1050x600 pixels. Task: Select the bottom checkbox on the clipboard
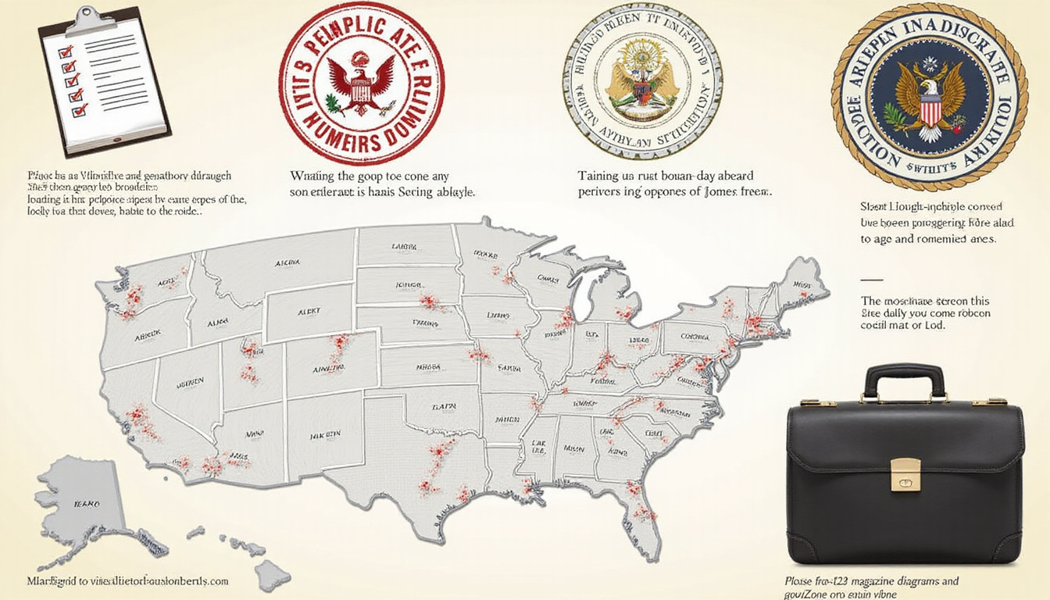click(79, 111)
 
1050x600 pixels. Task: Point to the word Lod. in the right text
click(933, 325)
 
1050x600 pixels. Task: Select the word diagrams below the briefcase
click(935, 581)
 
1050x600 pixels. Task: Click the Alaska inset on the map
click(82, 500)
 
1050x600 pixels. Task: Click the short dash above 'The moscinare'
click(870, 279)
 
